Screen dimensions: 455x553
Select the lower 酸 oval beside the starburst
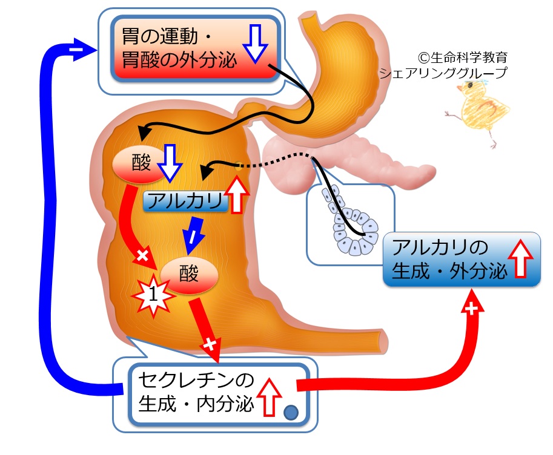point(189,275)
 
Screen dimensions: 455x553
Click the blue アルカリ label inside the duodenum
point(185,201)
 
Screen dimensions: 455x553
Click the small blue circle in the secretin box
point(291,413)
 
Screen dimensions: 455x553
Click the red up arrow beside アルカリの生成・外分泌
point(522,258)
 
